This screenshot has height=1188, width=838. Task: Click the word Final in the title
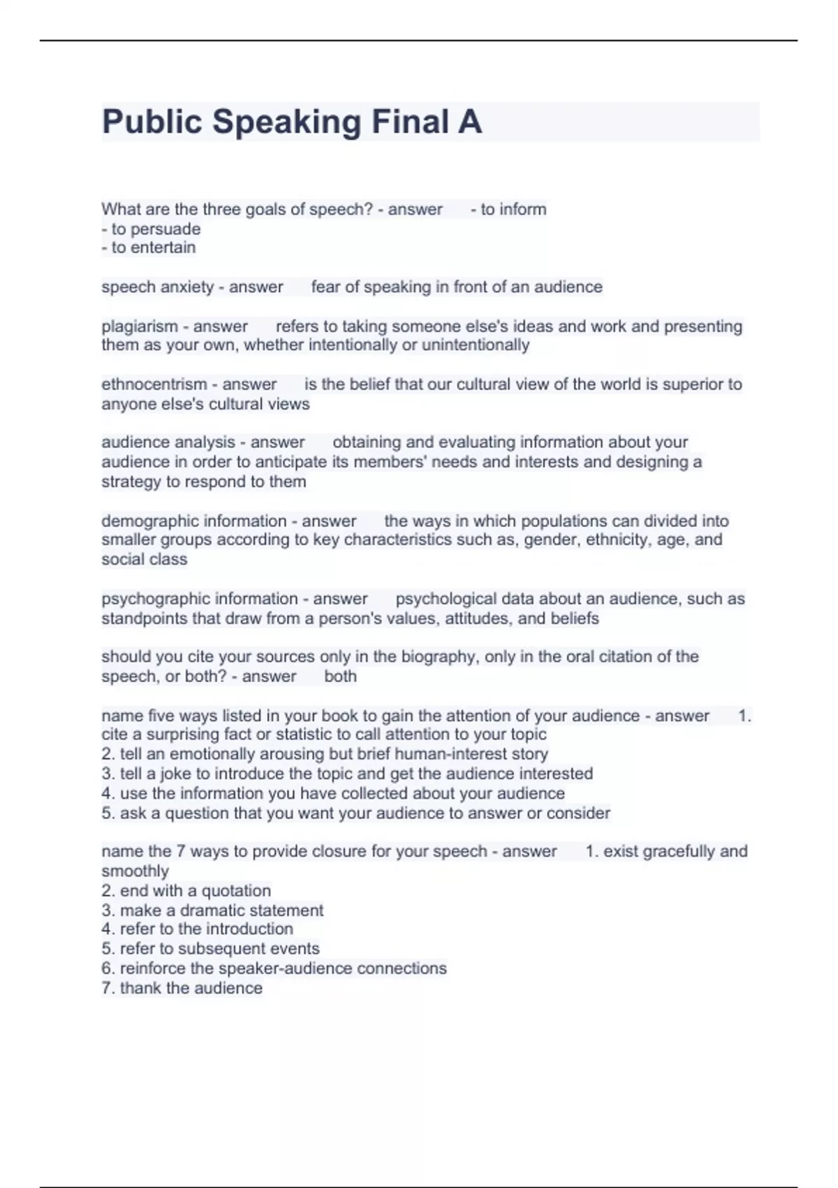(x=410, y=122)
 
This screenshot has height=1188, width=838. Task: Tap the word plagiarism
(x=140, y=326)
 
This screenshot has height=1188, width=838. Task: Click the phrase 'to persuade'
(x=156, y=229)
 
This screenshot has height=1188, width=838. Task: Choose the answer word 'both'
(x=340, y=676)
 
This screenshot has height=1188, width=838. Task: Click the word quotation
(x=236, y=891)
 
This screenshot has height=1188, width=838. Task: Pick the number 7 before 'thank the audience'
(x=106, y=988)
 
